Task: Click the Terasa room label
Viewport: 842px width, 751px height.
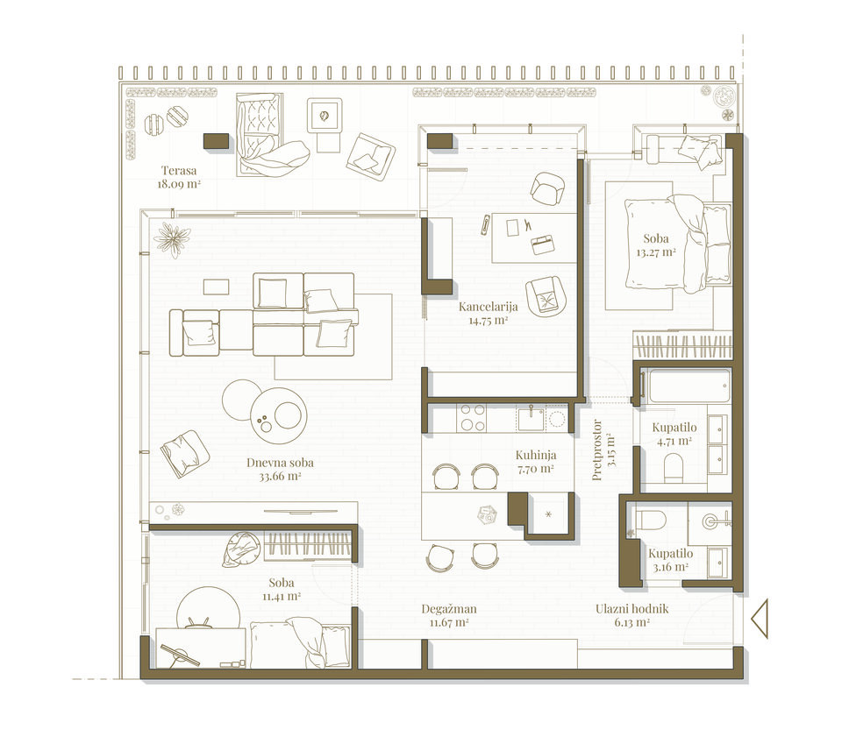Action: point(179,171)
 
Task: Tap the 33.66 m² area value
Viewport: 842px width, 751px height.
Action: point(280,476)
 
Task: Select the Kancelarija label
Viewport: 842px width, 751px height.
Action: point(489,307)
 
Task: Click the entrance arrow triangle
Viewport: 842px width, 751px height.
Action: point(760,619)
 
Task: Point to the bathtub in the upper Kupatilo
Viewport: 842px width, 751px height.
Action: point(689,386)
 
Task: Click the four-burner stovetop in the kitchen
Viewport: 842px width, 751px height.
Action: point(472,418)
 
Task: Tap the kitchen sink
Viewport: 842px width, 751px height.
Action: point(530,418)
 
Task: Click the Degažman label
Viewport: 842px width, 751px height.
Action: point(449,609)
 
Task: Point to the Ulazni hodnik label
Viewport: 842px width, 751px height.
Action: point(632,609)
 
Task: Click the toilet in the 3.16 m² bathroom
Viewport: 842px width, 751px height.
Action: point(650,520)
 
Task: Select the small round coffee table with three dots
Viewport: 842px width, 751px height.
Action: point(279,415)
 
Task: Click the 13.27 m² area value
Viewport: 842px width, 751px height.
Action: point(656,252)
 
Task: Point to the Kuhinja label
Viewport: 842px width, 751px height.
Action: point(536,455)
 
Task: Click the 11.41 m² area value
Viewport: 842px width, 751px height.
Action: point(281,596)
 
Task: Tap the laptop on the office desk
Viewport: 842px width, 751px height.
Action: point(544,244)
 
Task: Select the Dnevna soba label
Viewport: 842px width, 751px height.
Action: point(280,463)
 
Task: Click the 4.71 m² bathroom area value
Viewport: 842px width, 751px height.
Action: point(674,442)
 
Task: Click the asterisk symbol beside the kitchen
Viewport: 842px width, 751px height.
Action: point(548,514)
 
